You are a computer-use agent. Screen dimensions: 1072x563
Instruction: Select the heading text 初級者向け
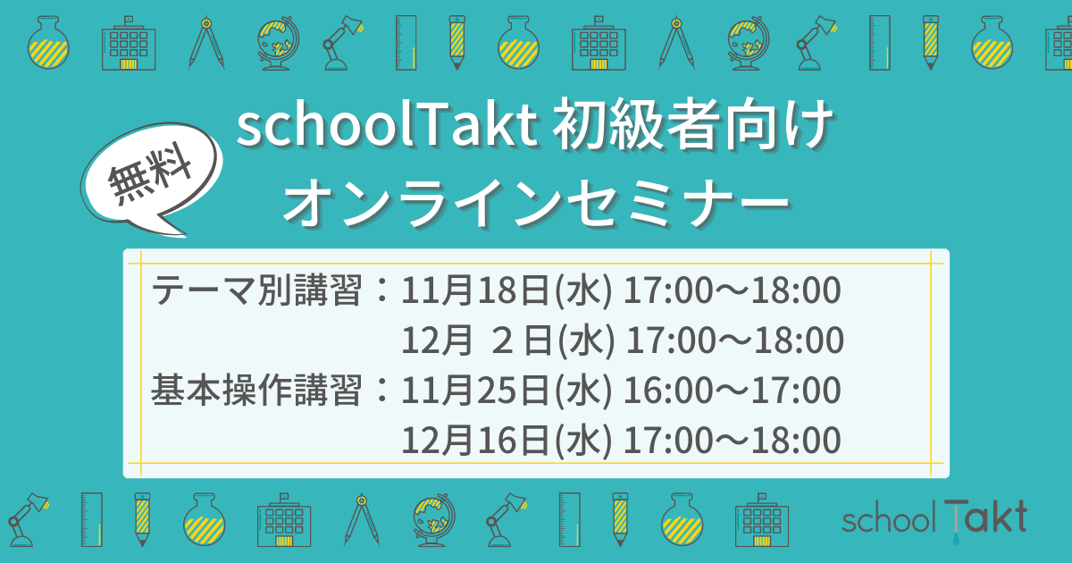click(x=693, y=125)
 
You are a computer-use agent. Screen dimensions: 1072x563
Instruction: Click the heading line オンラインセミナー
click(x=536, y=203)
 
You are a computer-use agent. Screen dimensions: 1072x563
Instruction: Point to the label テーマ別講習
click(x=256, y=290)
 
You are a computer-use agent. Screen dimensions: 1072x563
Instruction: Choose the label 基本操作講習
click(x=256, y=391)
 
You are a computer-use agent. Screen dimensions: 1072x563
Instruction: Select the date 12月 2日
click(x=477, y=340)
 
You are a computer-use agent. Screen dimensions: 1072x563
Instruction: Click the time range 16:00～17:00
click(x=733, y=391)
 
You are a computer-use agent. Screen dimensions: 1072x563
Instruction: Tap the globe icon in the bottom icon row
click(x=434, y=520)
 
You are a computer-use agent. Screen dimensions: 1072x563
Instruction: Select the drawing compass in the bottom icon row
click(x=362, y=519)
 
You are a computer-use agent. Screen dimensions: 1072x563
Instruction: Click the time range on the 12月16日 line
click(x=733, y=441)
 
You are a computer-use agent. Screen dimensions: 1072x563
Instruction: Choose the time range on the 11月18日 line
click(x=733, y=290)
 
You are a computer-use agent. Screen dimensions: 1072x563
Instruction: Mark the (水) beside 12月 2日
click(x=586, y=340)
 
